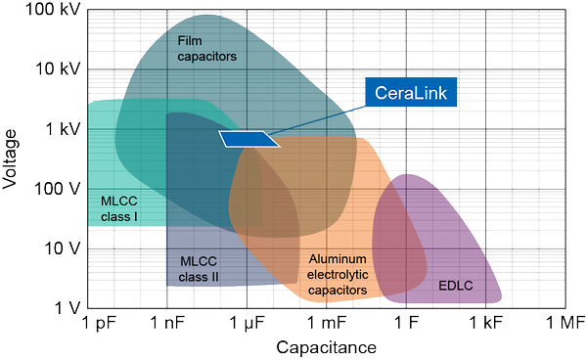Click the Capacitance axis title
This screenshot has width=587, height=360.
[327, 347]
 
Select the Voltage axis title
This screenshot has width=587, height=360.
[12, 159]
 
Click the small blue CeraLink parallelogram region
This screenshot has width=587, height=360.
[248, 139]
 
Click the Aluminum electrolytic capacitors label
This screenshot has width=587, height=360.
[338, 274]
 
